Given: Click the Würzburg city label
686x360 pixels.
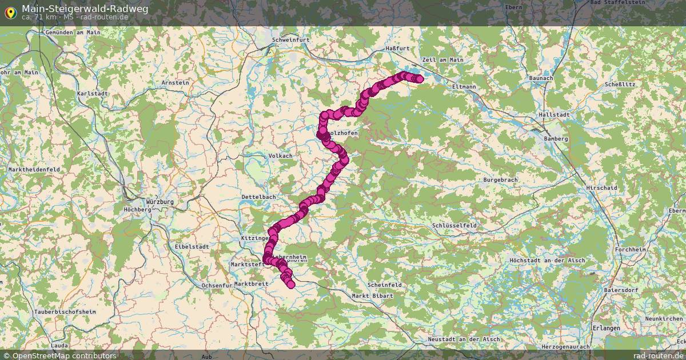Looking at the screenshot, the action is (x=159, y=202).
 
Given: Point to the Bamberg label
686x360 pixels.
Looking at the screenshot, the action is (x=556, y=139).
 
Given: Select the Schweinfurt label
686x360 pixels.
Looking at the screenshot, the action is (x=291, y=40).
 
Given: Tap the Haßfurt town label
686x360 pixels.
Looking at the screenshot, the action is (x=397, y=49).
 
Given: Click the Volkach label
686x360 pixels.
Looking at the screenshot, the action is (x=281, y=155).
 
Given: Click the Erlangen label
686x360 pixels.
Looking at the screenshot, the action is (x=607, y=329).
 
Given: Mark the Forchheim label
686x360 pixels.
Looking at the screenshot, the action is (x=629, y=250).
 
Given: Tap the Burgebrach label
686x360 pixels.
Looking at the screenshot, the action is (x=501, y=180).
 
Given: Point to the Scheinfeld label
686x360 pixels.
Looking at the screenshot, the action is (x=385, y=285).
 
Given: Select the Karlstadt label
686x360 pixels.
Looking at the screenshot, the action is (x=91, y=93).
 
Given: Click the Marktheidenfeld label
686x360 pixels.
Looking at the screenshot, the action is (x=34, y=170).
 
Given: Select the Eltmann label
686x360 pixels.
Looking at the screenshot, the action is (x=464, y=87).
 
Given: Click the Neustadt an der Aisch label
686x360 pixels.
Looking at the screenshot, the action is (x=464, y=339).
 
